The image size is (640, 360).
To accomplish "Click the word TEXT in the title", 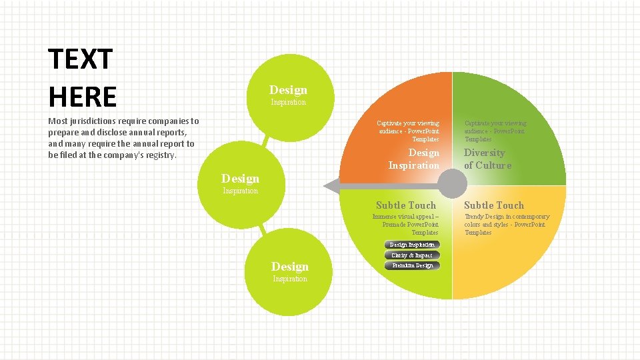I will [81, 60].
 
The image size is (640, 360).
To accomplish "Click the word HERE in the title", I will [82, 97].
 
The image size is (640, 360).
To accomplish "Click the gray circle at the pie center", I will [453, 183].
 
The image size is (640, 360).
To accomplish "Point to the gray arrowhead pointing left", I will [331, 185].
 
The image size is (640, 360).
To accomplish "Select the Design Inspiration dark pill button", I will [411, 245].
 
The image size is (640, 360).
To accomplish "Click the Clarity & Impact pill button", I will [411, 255].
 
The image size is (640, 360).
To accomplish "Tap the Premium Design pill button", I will [411, 265].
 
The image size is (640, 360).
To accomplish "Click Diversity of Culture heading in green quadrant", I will [487, 159].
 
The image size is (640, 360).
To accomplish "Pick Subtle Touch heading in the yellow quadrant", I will [493, 205].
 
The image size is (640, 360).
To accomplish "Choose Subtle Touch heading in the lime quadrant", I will [405, 205].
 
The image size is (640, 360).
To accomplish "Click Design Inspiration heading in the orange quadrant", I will [414, 159].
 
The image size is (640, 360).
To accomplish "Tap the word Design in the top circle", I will [288, 90].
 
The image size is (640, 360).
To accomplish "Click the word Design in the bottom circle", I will [289, 267].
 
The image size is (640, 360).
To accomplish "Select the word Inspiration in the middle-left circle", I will [240, 191].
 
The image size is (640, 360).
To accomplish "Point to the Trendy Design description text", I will [507, 225].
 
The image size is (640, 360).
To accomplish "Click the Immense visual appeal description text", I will [406, 225].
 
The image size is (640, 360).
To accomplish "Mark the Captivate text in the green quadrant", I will [495, 131].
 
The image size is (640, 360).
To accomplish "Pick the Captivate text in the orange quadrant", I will [407, 131].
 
